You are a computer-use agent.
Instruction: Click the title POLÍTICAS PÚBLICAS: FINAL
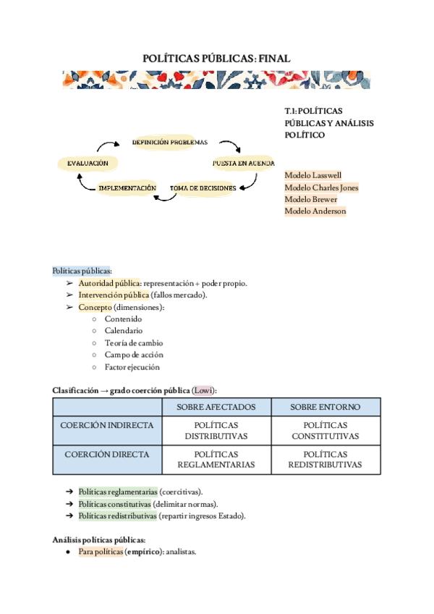click(x=216, y=58)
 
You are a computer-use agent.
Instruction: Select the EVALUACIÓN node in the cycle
click(x=88, y=164)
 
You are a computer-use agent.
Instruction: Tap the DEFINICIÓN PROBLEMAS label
click(x=169, y=142)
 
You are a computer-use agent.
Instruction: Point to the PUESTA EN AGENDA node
click(x=243, y=164)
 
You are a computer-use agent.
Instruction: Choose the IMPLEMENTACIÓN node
click(x=127, y=188)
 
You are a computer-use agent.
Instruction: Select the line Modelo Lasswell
click(x=313, y=175)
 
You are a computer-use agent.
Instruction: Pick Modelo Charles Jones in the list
click(x=321, y=188)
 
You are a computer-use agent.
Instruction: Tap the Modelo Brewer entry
click(x=310, y=199)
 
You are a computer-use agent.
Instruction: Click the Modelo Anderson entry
click(x=315, y=211)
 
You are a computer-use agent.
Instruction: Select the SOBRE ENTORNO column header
click(x=325, y=407)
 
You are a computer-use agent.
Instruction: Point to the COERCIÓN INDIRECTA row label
click(x=107, y=425)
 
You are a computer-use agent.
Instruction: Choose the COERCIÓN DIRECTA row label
click(x=107, y=455)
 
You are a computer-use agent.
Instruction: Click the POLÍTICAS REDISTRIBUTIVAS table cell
click(x=325, y=460)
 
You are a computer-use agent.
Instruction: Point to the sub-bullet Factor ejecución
click(x=132, y=367)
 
